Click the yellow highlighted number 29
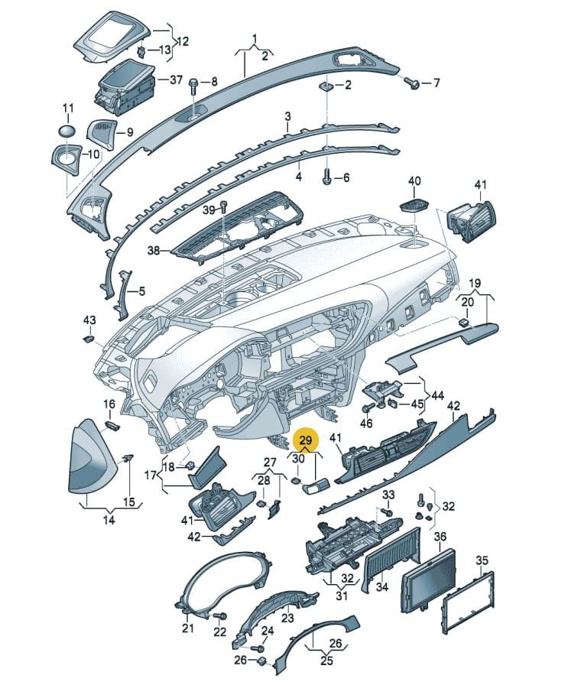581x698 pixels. pyautogui.click(x=306, y=441)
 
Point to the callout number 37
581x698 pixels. pyautogui.click(x=177, y=80)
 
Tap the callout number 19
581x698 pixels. pyautogui.click(x=475, y=283)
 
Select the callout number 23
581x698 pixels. pyautogui.click(x=287, y=618)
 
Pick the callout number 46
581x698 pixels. pyautogui.click(x=366, y=422)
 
